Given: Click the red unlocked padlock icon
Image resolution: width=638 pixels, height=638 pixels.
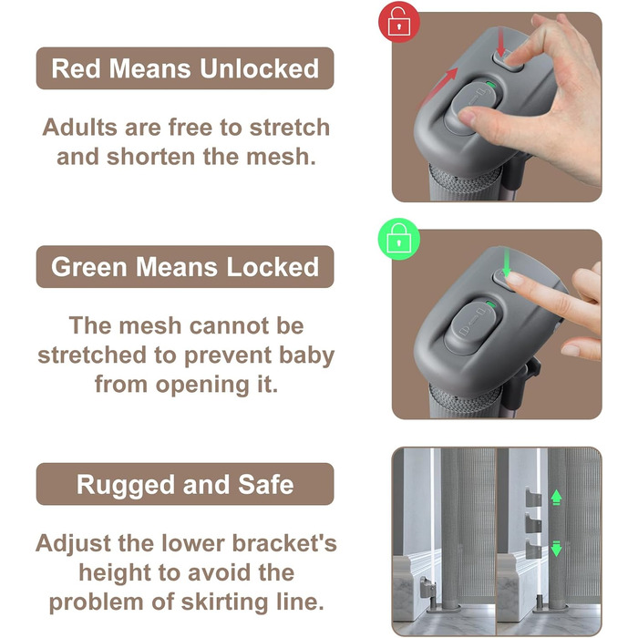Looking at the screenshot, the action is click(x=399, y=22).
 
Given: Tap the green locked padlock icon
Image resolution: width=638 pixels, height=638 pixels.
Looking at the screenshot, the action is click(x=399, y=239).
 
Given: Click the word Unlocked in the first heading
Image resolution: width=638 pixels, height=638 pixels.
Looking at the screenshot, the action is click(x=259, y=68).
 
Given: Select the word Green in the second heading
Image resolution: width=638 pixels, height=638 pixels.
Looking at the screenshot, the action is click(x=89, y=267).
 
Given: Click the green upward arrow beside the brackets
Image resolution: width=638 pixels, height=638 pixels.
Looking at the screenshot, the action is click(x=556, y=497).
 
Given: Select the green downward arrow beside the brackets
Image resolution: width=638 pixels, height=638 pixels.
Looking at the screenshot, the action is click(x=556, y=549).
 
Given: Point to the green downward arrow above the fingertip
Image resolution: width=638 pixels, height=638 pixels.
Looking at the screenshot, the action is click(x=507, y=262).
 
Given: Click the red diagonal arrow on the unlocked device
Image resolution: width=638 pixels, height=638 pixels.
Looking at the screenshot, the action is click(x=438, y=87).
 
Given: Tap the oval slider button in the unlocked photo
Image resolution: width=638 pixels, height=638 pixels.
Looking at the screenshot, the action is click(x=473, y=108).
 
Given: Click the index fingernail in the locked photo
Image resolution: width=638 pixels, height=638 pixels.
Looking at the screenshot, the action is click(x=515, y=279).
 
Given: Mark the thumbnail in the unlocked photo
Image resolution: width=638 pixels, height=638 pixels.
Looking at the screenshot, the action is click(x=467, y=118).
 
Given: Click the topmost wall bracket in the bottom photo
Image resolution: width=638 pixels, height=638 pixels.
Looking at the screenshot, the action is click(x=533, y=498).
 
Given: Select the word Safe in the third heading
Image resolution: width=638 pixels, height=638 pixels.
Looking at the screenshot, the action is click(x=266, y=485).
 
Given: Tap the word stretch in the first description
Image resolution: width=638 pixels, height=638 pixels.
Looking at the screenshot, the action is click(x=289, y=127).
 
